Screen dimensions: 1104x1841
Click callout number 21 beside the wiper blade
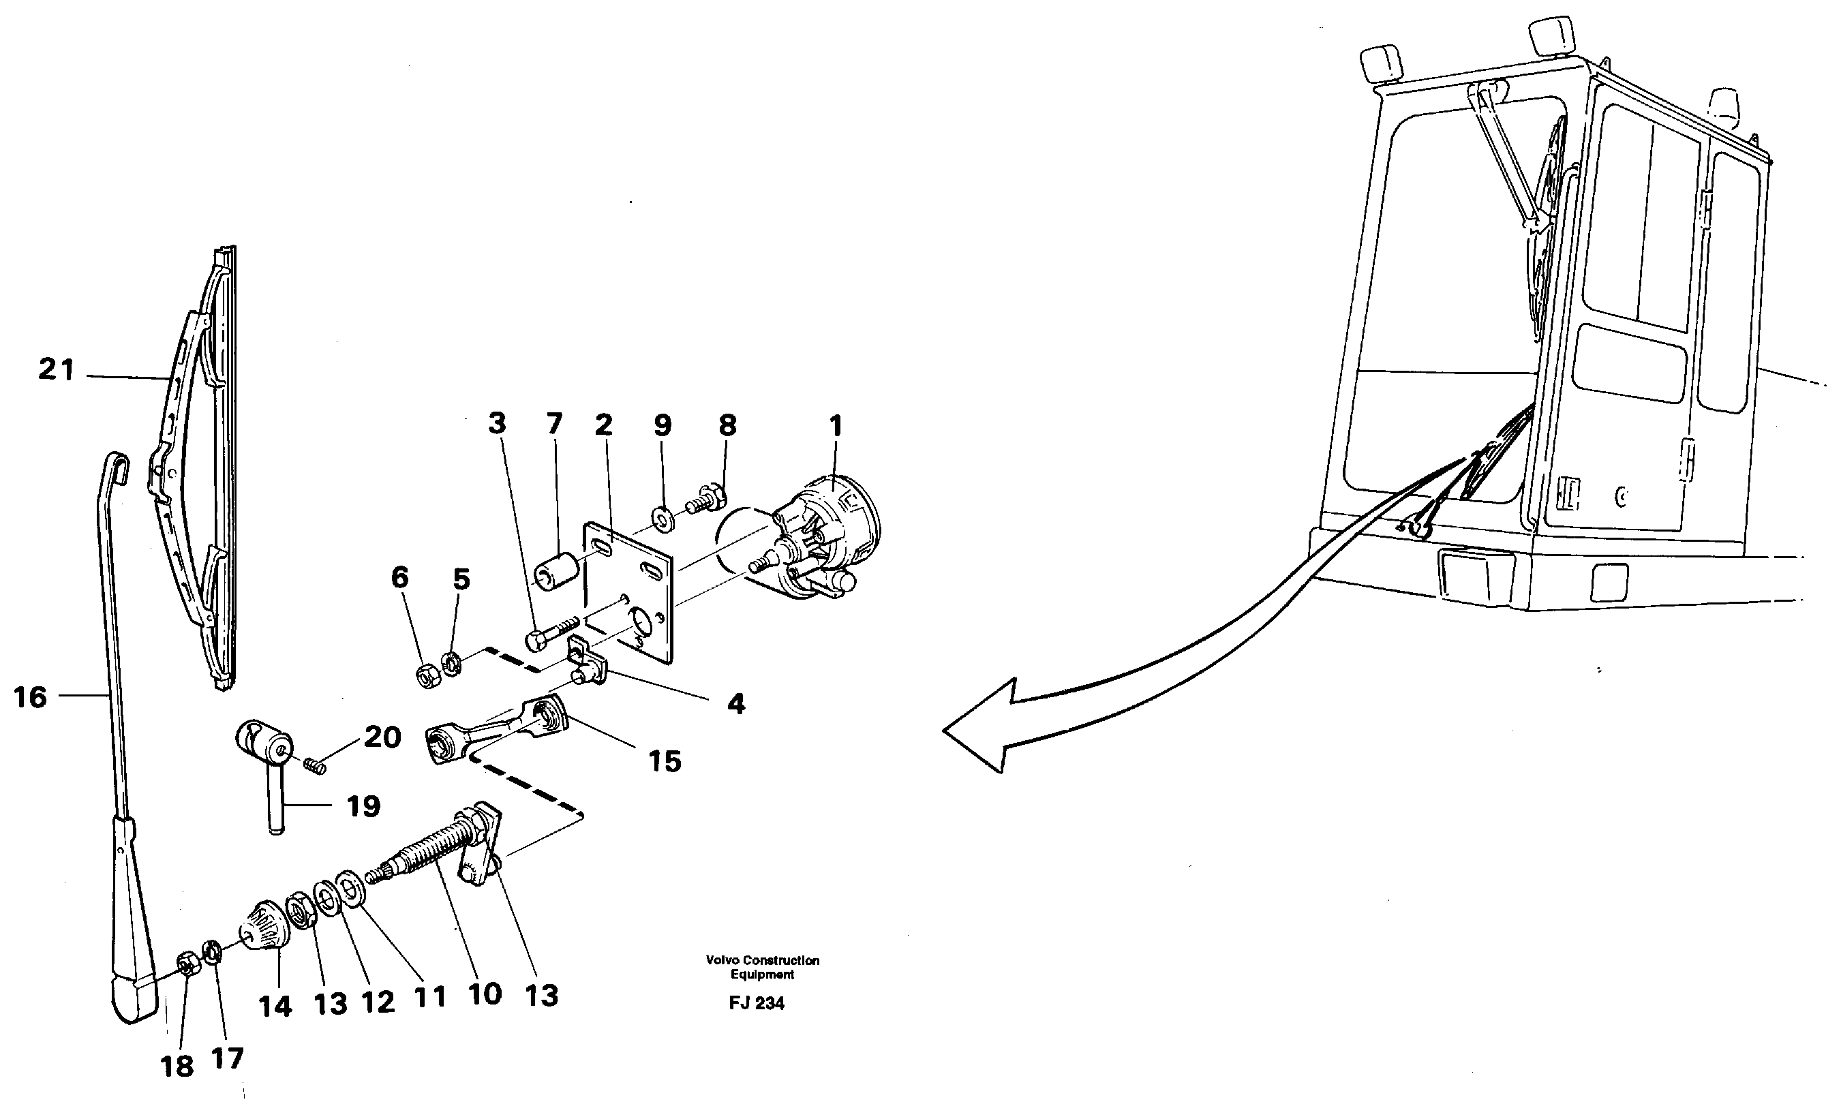pyautogui.click(x=57, y=370)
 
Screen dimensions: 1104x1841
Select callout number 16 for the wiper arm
pyautogui.click(x=30, y=698)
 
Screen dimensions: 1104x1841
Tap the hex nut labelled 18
pyautogui.click(x=186, y=966)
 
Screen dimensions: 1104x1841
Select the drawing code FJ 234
pyautogui.click(x=757, y=1004)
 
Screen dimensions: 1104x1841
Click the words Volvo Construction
pyautogui.click(x=763, y=960)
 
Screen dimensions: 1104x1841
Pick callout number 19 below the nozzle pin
pyautogui.click(x=363, y=806)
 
